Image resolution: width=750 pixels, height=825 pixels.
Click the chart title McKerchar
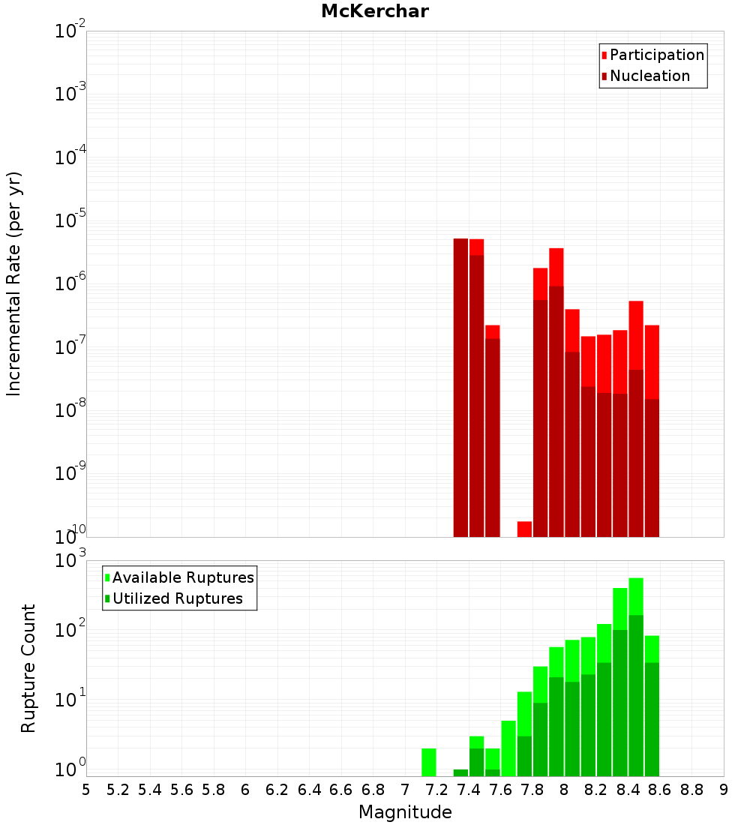coord(375,11)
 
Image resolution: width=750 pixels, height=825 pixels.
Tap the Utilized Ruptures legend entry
coord(177,598)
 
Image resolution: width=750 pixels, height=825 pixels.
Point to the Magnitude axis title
coord(405,812)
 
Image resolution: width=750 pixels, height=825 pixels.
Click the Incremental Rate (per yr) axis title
coord(14,283)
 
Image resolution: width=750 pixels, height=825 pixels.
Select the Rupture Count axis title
coord(28,667)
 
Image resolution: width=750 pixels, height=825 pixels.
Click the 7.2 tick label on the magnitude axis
coord(436,790)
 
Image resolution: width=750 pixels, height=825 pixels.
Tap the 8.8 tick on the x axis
coord(691,790)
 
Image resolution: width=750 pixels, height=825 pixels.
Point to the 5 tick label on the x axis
coord(86,790)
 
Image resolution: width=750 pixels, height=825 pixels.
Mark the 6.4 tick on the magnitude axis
coord(309,790)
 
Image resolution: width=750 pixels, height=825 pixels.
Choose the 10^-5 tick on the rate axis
coord(70,221)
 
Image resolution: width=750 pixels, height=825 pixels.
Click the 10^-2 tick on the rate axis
coord(70,32)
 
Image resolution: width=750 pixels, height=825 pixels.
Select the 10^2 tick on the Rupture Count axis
coord(70,630)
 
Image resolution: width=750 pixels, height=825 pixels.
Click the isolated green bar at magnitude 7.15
coord(429,762)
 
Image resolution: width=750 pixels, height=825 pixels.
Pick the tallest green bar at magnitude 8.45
coord(636,675)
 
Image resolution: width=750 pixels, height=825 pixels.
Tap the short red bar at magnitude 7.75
coord(524,529)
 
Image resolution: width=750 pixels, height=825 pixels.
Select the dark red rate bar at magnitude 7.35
coord(460,387)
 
